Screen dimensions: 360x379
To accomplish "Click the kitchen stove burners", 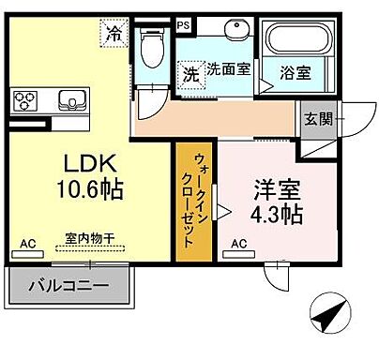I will pos(26,98).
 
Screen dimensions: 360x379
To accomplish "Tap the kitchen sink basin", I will pos(71,98).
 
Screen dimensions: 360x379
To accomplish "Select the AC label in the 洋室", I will pos(238,243).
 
